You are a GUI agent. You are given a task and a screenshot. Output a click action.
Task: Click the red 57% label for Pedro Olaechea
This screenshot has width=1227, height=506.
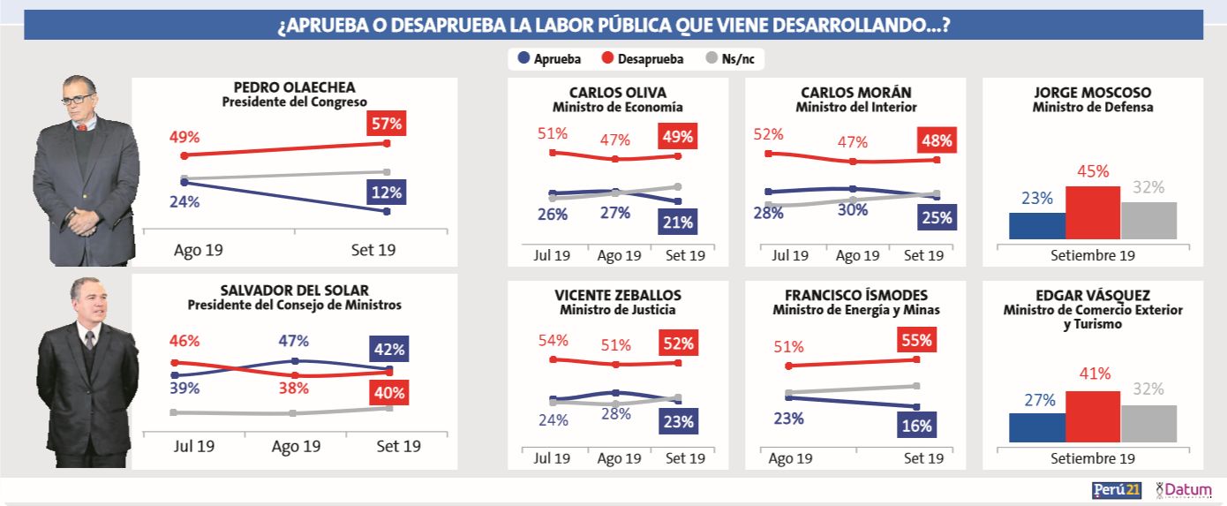coord(386,125)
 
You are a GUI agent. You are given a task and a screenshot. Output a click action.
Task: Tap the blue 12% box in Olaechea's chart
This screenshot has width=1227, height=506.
coord(386,193)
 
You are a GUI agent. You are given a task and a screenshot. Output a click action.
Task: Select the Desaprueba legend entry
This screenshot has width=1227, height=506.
coord(644,59)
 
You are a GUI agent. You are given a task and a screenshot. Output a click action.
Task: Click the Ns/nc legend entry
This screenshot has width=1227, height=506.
coord(733,59)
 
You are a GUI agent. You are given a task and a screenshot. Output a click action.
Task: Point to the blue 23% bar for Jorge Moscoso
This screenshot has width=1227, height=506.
coord(1037,225)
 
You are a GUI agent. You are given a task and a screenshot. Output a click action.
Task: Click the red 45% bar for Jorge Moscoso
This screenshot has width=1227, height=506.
coord(1093,213)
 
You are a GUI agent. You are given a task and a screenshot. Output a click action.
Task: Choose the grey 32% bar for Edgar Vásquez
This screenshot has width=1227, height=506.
coord(1148,424)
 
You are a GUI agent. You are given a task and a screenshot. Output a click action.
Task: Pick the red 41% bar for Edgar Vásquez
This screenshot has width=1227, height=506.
coord(1093,416)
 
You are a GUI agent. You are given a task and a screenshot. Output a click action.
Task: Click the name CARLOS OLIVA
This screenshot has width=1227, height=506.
coord(618,93)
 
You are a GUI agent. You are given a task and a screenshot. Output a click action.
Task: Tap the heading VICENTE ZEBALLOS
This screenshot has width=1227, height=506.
coord(618,295)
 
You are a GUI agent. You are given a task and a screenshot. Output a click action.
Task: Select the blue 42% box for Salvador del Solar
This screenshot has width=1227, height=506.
coord(386,349)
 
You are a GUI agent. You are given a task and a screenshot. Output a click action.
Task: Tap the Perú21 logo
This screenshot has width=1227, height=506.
coord(1117,489)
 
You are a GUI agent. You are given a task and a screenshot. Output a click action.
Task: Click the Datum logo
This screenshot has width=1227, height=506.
coord(1184,489)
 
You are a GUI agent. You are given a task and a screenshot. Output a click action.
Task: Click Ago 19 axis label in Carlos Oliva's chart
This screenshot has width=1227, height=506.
coord(618,256)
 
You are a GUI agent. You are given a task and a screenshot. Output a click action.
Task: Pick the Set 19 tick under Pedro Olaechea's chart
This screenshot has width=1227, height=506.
coord(373,250)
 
